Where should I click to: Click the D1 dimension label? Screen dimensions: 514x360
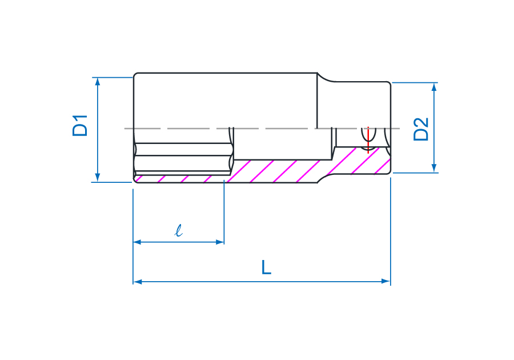coord(80,126)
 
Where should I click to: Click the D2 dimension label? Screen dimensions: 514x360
coord(421,129)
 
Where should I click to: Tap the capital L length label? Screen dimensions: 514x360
coord(266,267)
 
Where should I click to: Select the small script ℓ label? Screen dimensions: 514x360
coord(178,230)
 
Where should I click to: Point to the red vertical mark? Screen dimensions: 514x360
coord(368,140)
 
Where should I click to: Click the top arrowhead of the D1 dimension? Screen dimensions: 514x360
coord(97,81)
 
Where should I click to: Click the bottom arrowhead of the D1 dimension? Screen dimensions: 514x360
coord(97,178)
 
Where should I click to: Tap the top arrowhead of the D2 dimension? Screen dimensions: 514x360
coord(434,87)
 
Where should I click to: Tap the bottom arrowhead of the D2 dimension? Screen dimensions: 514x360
coord(434,169)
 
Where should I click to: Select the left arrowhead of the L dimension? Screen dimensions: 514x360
coord(137,281)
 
